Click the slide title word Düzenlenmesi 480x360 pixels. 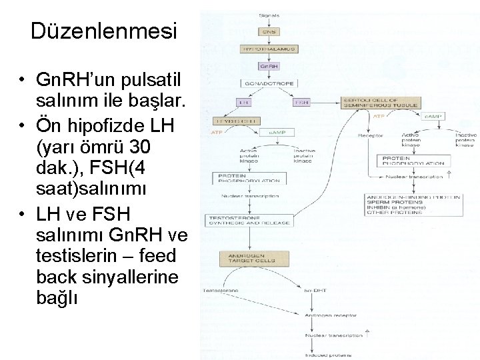(104, 31)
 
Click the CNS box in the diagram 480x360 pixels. (269, 31)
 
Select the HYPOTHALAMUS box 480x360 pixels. (269, 49)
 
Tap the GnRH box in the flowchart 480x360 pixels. (269, 67)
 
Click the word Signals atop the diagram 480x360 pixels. (269, 15)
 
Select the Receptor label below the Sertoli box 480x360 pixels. (370, 136)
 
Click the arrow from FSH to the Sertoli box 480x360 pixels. (327, 103)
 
